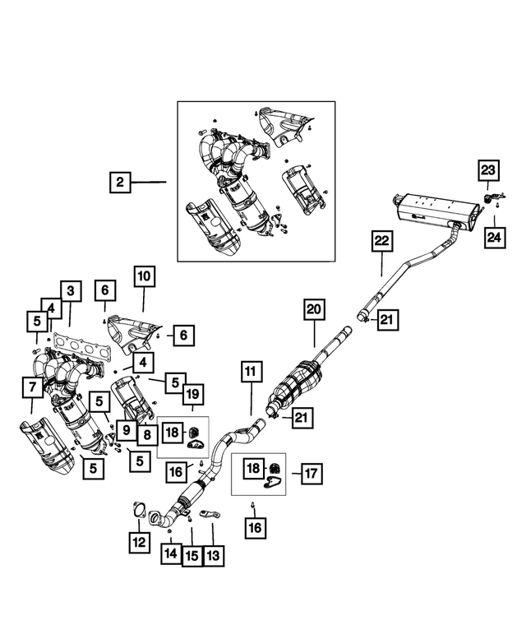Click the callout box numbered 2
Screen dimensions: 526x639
tap(120, 182)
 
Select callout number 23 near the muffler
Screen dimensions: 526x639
tap(488, 170)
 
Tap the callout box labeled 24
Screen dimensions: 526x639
tap(494, 237)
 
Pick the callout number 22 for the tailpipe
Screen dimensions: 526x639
tap(382, 241)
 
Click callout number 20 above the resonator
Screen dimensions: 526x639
tap(314, 310)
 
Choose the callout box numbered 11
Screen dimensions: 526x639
tap(251, 371)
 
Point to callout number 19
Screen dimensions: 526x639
tap(193, 394)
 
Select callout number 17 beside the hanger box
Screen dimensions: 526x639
tap(311, 474)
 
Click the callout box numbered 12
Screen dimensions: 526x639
tap(139, 543)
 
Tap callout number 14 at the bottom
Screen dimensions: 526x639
tap(171, 553)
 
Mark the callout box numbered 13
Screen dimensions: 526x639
tap(214, 555)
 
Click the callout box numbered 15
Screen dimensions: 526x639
tap(192, 556)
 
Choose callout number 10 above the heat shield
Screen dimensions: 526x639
tap(144, 276)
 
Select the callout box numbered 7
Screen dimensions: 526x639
tap(33, 387)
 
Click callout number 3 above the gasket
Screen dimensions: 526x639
tap(71, 291)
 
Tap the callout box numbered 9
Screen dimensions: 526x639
tap(127, 430)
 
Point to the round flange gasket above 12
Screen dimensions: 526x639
tap(139, 510)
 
